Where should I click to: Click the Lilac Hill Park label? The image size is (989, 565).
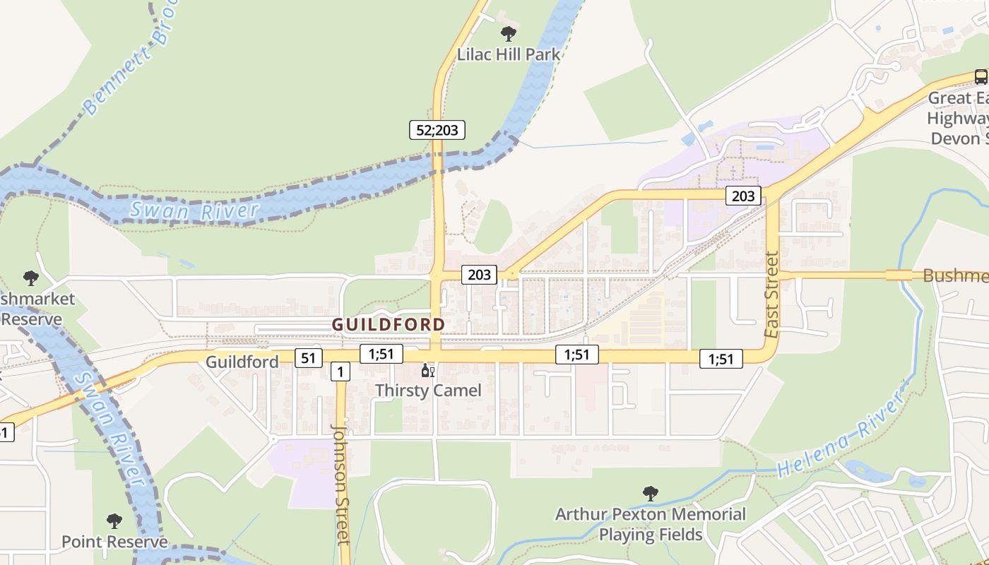pyautogui.click(x=508, y=54)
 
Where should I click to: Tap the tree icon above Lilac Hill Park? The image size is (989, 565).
pyautogui.click(x=508, y=33)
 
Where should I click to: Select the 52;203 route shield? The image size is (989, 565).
pyautogui.click(x=437, y=129)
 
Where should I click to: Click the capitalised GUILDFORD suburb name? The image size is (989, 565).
pyautogui.click(x=389, y=324)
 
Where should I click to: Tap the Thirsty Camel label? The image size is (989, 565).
pyautogui.click(x=428, y=390)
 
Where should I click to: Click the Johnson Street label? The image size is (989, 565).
pyautogui.click(x=341, y=484)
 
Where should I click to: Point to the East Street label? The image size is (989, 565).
pyautogui.click(x=771, y=295)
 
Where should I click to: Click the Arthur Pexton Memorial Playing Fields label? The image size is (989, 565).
pyautogui.click(x=651, y=524)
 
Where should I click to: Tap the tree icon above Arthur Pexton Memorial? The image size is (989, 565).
pyautogui.click(x=651, y=494)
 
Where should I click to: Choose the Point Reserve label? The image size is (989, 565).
pyautogui.click(x=114, y=542)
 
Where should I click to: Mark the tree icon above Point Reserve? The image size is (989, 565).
pyautogui.click(x=114, y=522)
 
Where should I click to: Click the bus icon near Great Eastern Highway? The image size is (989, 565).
pyautogui.click(x=981, y=76)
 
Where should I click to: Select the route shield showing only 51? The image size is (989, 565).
pyautogui.click(x=308, y=358)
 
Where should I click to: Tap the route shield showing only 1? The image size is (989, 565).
pyautogui.click(x=340, y=371)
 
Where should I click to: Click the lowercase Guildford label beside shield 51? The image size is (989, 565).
pyautogui.click(x=242, y=362)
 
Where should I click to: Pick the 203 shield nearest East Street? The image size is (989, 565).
pyautogui.click(x=743, y=196)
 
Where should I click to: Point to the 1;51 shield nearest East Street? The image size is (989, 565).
pyautogui.click(x=721, y=359)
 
